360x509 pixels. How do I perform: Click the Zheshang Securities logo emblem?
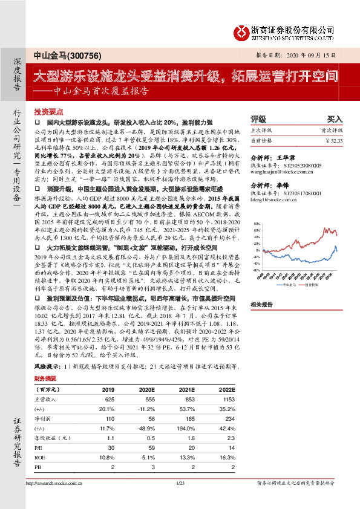(x=241, y=30)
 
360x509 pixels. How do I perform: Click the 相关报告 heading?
(x=261, y=304)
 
